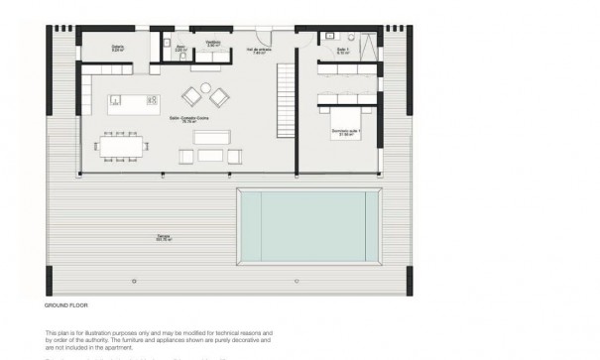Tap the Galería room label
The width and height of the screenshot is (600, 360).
tap(116, 46)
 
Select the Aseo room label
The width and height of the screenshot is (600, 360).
tap(181, 46)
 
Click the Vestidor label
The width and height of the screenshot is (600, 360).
tap(213, 44)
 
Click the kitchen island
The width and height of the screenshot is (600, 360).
tap(132, 99)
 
